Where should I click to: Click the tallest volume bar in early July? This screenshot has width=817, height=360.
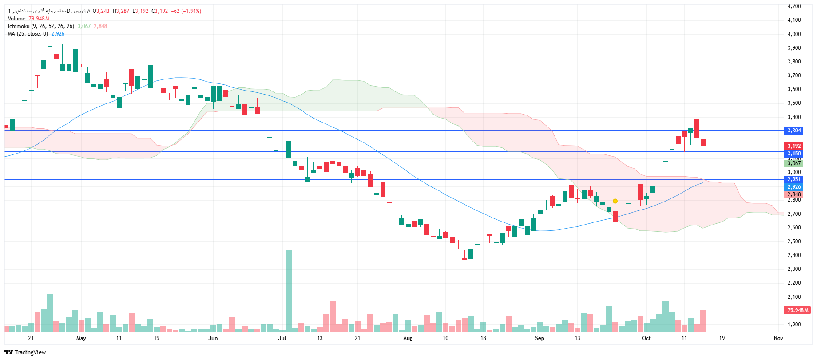tap(289, 291)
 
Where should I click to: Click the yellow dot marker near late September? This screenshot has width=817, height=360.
tap(615, 201)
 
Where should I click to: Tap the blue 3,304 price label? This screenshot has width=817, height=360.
tap(794, 131)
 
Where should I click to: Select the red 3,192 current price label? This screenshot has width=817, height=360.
tap(794, 146)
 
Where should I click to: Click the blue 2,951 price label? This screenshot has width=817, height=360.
tap(794, 179)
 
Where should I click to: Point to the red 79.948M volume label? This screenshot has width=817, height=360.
tap(797, 310)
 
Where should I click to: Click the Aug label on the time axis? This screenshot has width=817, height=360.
tap(408, 338)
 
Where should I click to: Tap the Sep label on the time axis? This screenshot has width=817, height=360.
tap(539, 338)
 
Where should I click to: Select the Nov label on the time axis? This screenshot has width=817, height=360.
tap(778, 338)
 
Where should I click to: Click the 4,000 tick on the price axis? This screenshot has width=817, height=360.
tap(794, 34)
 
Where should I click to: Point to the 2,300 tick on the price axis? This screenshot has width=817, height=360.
tap(794, 269)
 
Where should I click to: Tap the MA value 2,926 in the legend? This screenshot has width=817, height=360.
tap(58, 34)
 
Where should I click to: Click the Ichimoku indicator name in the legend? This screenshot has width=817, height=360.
tap(19, 26)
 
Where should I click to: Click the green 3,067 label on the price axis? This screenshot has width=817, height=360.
tap(794, 163)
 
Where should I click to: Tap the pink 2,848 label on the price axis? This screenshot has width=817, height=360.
tap(794, 194)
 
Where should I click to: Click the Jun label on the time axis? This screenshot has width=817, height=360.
tap(213, 338)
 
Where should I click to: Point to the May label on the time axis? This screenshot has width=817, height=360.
tap(81, 338)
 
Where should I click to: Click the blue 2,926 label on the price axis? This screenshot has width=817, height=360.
tap(794, 187)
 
